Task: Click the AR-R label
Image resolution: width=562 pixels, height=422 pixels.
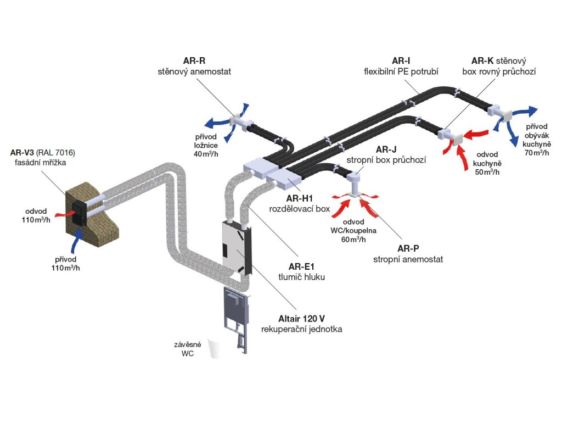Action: tap(194, 60)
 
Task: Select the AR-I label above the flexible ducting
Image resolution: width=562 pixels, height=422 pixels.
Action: tap(401, 60)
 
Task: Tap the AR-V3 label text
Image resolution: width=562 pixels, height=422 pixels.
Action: tap(22, 153)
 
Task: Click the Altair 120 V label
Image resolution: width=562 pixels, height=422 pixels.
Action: tap(301, 318)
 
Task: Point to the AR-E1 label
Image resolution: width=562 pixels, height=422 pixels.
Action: tap(301, 266)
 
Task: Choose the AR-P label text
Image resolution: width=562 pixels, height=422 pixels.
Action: tap(408, 248)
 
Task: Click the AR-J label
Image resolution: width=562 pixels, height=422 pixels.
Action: tap(386, 149)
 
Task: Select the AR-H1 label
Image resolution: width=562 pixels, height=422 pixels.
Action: tap(299, 198)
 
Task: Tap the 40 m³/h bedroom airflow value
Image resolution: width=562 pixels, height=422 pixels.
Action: tap(206, 154)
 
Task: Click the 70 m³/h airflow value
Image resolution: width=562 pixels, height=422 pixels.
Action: tap(537, 153)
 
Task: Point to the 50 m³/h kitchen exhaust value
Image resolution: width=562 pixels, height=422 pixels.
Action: tap(487, 172)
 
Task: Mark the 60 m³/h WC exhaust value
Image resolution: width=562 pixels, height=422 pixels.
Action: tap(353, 240)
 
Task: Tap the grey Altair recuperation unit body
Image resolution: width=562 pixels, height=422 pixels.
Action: tap(236, 248)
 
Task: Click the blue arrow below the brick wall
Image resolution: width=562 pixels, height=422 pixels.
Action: tap(76, 242)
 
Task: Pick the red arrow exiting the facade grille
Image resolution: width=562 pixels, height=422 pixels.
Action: tap(65, 213)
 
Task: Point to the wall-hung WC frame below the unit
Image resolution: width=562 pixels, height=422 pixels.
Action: tap(236, 319)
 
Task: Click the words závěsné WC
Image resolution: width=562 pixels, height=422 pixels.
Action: tap(188, 349)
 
